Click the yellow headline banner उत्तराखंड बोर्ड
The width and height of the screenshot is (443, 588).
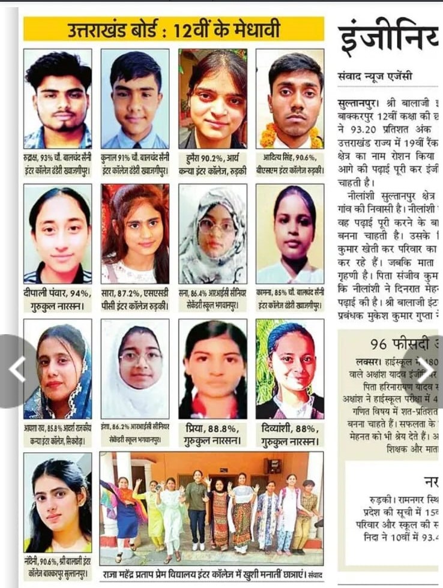[173, 29]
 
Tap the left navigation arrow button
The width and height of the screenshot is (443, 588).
[17, 370]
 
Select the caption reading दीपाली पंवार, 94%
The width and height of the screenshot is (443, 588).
[58, 299]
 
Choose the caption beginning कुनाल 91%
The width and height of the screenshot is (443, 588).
[135, 163]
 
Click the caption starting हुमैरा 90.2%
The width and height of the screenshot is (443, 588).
[212, 163]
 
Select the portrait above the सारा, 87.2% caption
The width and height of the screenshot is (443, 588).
[135, 233]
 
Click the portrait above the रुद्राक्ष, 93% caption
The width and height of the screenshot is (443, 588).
[58, 98]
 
